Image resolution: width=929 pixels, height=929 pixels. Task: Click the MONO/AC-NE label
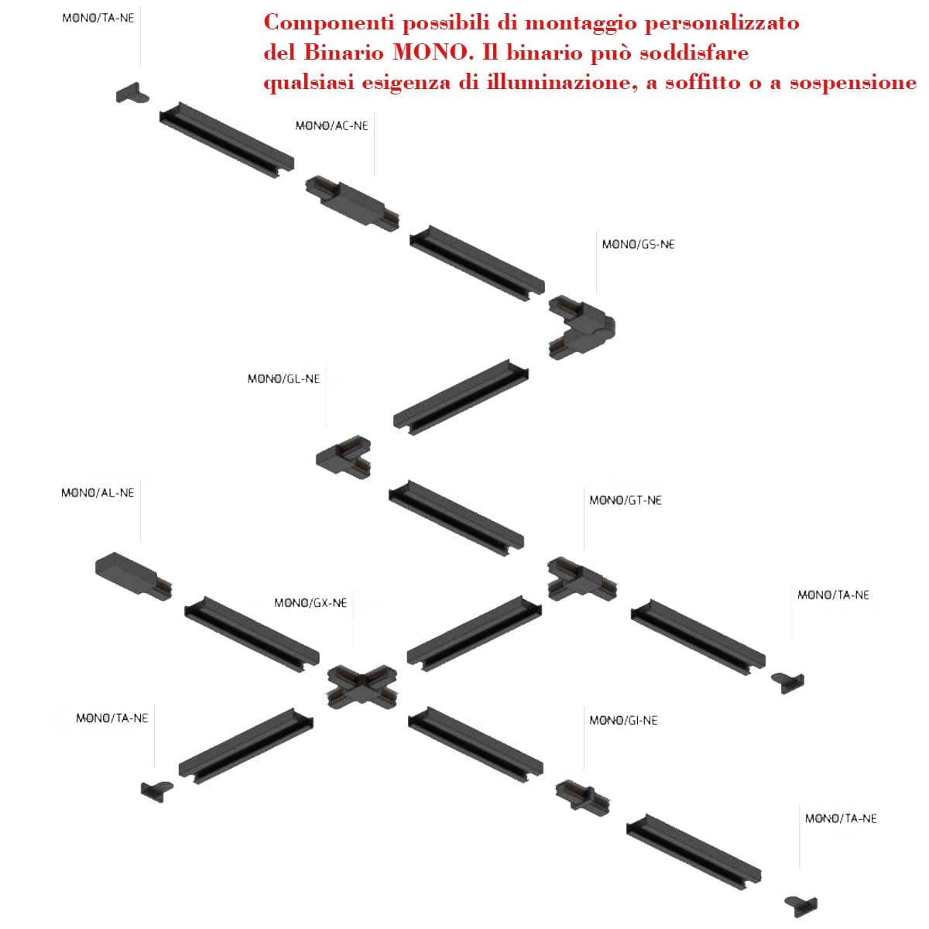click(x=331, y=126)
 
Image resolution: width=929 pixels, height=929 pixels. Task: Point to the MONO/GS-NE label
click(x=638, y=245)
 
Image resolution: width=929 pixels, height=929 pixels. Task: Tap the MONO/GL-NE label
click(x=283, y=379)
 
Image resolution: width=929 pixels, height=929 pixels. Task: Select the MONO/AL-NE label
click(x=98, y=492)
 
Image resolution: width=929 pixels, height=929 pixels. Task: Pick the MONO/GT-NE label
click(x=626, y=500)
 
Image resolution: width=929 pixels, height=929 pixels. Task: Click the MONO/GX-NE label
click(x=310, y=603)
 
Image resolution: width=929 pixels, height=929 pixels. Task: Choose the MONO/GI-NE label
click(x=623, y=720)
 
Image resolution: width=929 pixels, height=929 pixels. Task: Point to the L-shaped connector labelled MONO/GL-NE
click(x=342, y=457)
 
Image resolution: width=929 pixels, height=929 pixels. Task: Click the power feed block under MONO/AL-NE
click(x=133, y=576)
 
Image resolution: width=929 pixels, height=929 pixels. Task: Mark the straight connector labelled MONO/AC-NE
click(x=352, y=204)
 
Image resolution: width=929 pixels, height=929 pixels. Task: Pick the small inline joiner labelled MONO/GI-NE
click(x=582, y=798)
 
